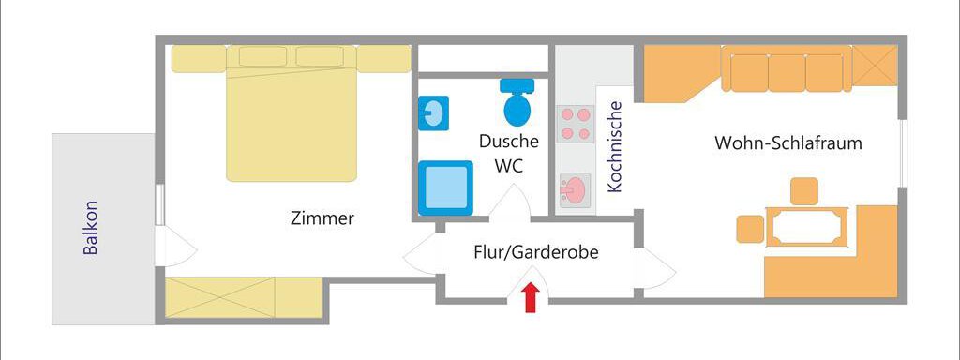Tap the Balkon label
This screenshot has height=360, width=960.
coord(91,229)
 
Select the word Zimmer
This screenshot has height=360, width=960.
coord(322,218)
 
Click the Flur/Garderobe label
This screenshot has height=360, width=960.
coord(535,252)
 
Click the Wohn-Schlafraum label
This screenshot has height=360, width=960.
coord(787,143)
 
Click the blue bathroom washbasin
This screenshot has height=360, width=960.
coord(432,113)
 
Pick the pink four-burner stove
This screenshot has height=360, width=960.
coord(576,123)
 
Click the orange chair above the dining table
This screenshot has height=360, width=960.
coord(804,190)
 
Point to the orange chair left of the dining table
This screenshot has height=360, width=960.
coord(750,229)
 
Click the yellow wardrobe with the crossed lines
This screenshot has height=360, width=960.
coord(221,298)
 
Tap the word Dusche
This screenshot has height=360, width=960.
coord(509,142)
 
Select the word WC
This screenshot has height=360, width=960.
coord(508,167)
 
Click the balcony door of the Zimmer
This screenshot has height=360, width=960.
coord(178,248)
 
